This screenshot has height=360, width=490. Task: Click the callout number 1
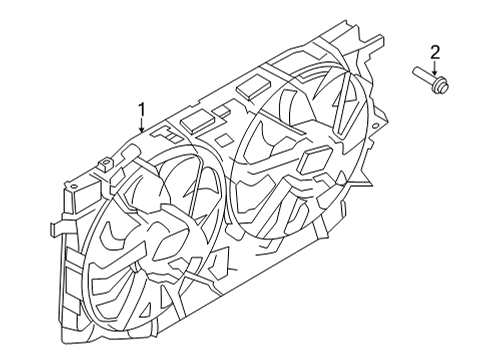coord(142,110)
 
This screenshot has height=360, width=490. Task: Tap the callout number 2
coord(434,51)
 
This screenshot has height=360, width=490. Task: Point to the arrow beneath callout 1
coord(142,125)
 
